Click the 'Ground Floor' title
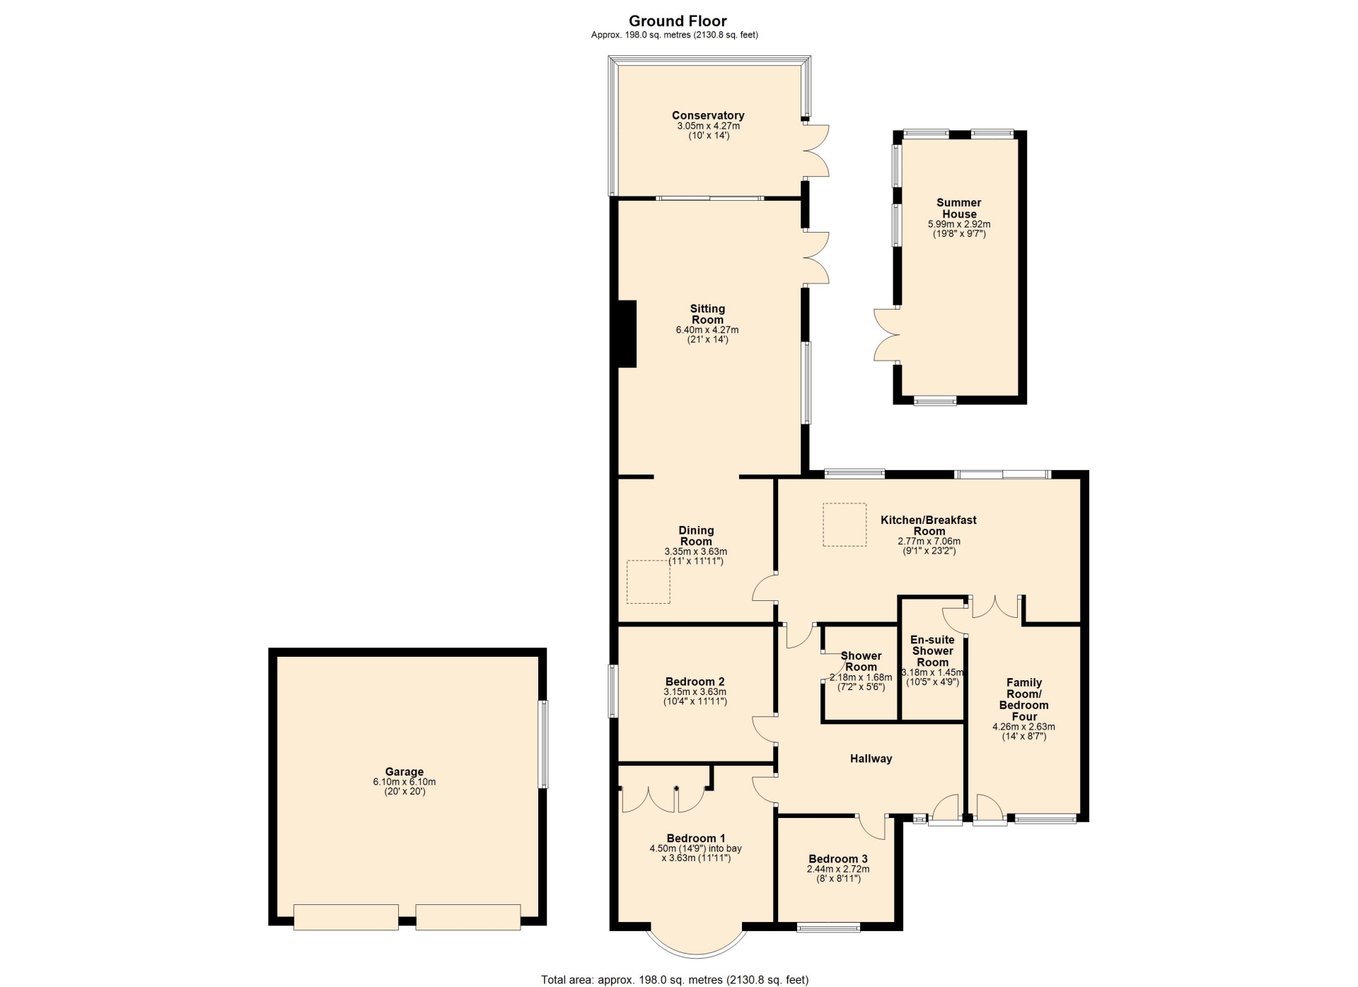[678, 21]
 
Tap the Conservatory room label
[708, 115]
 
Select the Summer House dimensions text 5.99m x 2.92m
[959, 224]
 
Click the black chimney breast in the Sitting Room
[627, 334]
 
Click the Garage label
[405, 772]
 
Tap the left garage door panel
[346, 917]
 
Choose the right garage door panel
[468, 917]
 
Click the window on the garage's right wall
[542, 744]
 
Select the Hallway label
[871, 759]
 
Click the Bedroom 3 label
[838, 859]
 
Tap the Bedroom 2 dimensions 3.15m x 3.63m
[695, 692]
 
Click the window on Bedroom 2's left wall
[614, 691]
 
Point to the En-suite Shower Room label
[932, 651]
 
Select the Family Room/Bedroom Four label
[1024, 699]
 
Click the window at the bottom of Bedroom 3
[829, 926]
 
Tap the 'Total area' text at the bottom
[675, 979]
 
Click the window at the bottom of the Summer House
[935, 401]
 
